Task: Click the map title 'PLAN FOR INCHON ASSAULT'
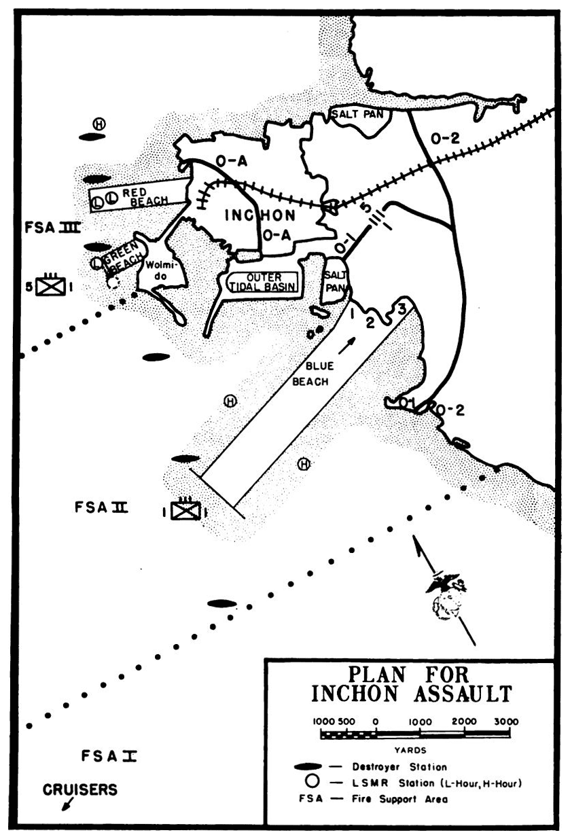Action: tap(411, 684)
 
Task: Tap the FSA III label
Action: tap(53, 228)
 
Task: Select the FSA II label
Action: tap(101, 507)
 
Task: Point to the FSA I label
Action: tap(109, 756)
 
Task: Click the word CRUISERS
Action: tap(79, 789)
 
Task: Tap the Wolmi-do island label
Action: tap(160, 270)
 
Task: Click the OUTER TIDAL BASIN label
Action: tap(263, 283)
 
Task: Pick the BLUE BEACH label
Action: tap(311, 374)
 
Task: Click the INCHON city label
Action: tap(260, 215)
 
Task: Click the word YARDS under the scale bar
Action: tap(410, 750)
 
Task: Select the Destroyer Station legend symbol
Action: tap(308, 767)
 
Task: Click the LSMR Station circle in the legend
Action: tap(313, 782)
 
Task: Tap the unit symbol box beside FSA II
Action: tap(185, 510)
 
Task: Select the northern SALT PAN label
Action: tap(358, 113)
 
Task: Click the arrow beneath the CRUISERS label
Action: tap(67, 804)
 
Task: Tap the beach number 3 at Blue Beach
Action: tap(402, 310)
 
